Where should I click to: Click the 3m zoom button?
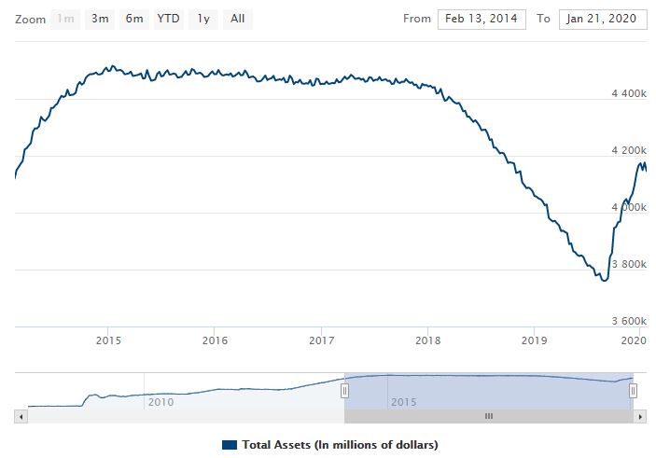(x=98, y=18)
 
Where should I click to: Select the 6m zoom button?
(x=134, y=18)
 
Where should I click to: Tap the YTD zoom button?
(x=169, y=18)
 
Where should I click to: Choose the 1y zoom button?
(x=202, y=18)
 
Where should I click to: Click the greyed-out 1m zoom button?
(x=65, y=18)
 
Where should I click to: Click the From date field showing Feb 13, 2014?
(x=482, y=19)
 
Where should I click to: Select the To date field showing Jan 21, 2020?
(x=603, y=19)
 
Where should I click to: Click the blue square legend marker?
(x=230, y=444)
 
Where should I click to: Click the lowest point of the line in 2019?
(x=605, y=280)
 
